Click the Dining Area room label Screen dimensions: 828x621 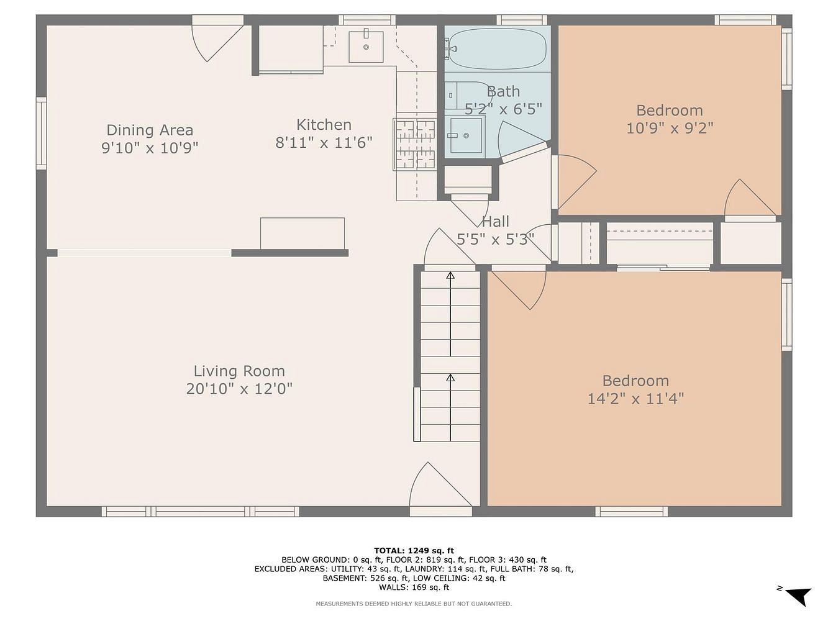click(x=150, y=130)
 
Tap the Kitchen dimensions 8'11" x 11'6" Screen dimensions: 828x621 click(x=324, y=143)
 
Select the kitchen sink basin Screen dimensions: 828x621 click(x=366, y=47)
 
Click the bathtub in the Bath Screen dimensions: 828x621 click(x=497, y=48)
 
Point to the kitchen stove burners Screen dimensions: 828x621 click(x=415, y=144)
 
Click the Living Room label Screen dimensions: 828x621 click(x=239, y=371)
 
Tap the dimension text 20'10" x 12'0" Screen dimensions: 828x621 click(x=239, y=389)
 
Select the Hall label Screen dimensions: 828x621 click(x=496, y=221)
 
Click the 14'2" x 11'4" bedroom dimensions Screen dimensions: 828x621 click(x=635, y=399)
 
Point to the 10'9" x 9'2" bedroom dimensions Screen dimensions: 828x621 click(x=670, y=128)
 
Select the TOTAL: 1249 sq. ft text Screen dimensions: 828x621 click(x=414, y=551)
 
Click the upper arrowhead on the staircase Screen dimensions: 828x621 click(x=450, y=276)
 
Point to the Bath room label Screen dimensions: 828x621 click(x=503, y=92)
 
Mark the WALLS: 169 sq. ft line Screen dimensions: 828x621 click(x=414, y=587)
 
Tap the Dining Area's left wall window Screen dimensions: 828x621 click(x=42, y=134)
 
